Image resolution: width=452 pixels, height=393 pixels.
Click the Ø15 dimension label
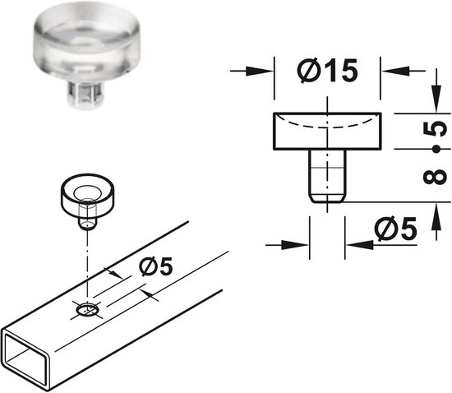coord(327,71)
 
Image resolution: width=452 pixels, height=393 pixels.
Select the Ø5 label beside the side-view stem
coord(395,229)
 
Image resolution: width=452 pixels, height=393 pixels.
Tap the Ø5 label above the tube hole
coord(156,266)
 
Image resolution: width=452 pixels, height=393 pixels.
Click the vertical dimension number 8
coord(435,177)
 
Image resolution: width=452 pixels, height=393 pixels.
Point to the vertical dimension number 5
coord(435,129)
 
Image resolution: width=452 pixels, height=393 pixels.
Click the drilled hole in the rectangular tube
coord(88,310)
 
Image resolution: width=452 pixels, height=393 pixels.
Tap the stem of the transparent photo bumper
coord(85,93)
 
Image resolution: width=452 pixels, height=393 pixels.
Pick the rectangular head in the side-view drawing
coord(327,132)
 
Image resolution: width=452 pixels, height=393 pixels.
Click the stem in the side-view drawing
coord(327,176)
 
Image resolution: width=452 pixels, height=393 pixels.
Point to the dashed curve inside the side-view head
coord(327,125)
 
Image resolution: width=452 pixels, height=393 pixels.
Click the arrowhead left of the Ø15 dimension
coord(260,71)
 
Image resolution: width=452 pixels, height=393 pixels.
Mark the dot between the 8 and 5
coord(436,150)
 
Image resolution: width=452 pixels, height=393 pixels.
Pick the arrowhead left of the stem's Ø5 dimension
coord(295,245)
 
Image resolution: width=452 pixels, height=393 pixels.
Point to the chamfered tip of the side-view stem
coord(327,198)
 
